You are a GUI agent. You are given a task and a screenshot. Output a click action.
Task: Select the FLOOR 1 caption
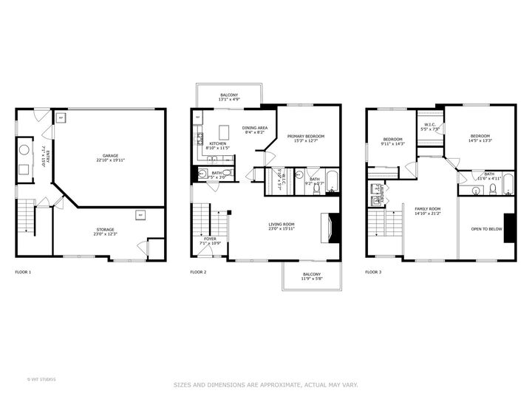click(24, 272)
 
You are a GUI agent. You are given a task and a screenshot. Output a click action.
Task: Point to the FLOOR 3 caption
click(374, 272)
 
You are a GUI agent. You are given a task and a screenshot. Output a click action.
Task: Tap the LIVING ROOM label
click(281, 226)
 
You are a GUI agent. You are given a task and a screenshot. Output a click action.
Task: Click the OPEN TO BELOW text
click(486, 229)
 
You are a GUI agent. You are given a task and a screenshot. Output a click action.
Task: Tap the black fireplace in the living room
click(335, 228)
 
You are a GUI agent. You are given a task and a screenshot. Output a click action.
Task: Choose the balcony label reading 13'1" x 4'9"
click(229, 97)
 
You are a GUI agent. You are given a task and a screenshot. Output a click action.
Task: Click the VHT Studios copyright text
click(41, 379)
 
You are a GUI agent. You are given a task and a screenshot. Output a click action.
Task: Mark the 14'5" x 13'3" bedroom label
click(480, 137)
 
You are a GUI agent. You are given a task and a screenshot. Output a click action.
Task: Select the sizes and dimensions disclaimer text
click(266, 384)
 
